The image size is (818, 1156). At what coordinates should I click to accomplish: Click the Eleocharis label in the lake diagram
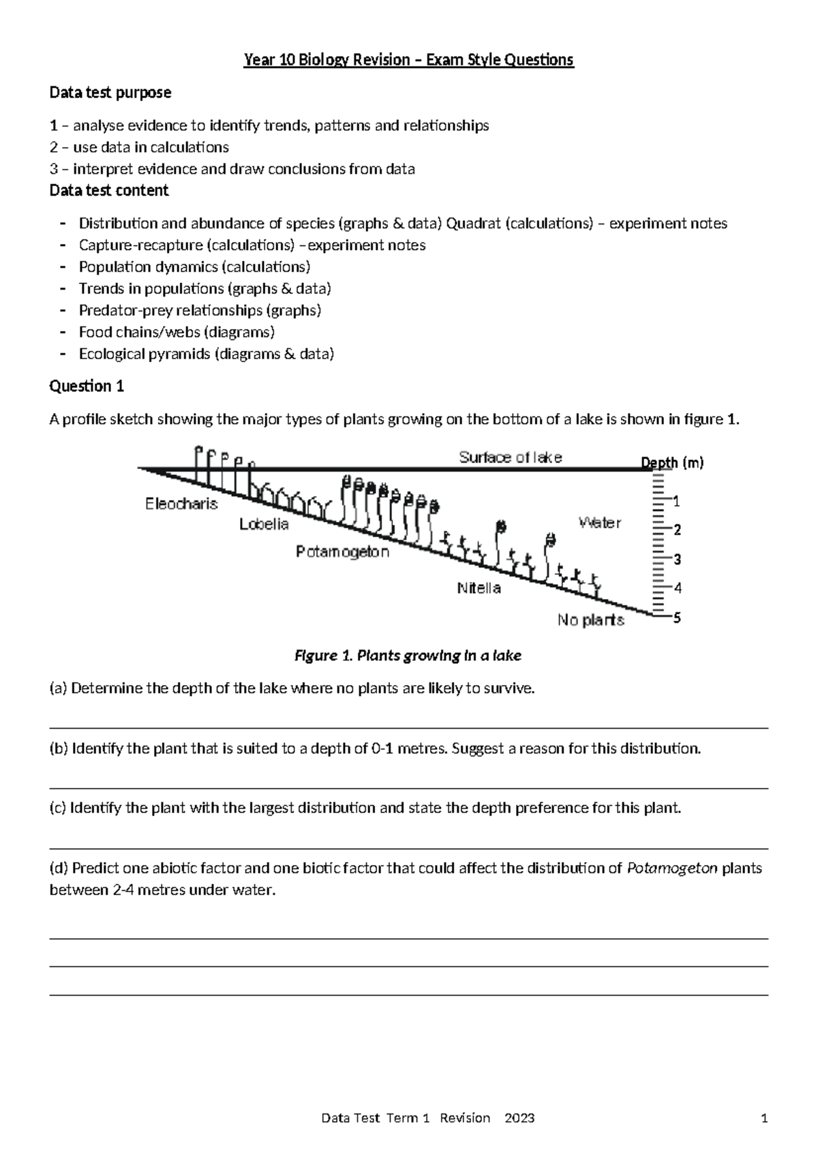[181, 504]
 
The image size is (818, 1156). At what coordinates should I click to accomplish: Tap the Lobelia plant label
[264, 524]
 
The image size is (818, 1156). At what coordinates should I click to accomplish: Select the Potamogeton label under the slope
[342, 551]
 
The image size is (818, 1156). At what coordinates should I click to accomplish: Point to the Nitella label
[479, 588]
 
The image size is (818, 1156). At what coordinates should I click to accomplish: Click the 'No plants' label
[590, 620]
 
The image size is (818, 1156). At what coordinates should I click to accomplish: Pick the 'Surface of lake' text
[510, 457]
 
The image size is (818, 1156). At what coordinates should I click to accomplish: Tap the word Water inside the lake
[600, 523]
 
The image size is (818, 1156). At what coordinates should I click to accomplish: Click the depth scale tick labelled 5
[677, 618]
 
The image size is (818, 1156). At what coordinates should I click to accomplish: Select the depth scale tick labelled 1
[676, 502]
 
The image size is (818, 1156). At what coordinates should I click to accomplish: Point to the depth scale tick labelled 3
[677, 560]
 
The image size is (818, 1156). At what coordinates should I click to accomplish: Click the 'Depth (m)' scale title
[672, 463]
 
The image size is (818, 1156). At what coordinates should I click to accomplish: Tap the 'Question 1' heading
[87, 386]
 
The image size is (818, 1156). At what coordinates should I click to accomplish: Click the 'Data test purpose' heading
[110, 92]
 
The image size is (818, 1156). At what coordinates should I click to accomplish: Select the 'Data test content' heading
[109, 190]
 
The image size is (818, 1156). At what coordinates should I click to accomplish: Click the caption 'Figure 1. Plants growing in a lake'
[408, 656]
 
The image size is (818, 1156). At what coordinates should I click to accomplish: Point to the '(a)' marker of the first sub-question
[59, 688]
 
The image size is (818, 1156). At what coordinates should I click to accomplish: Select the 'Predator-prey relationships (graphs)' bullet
[200, 311]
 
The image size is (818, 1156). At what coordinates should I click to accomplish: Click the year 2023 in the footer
[519, 1118]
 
